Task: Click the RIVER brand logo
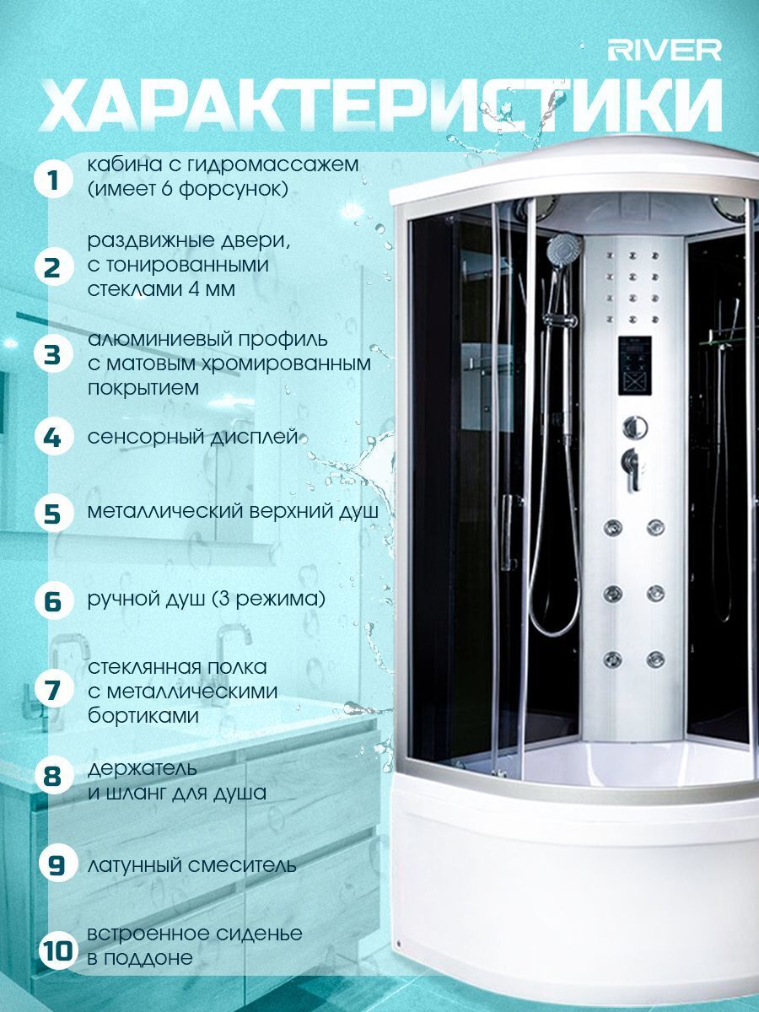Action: pyautogui.click(x=665, y=51)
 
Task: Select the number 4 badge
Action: pyautogui.click(x=54, y=437)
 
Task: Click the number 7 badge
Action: pyautogui.click(x=54, y=690)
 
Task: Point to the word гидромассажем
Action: pyautogui.click(x=272, y=165)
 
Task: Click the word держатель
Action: pyautogui.click(x=143, y=768)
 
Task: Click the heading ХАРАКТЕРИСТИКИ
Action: pyautogui.click(x=381, y=106)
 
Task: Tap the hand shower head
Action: pyautogui.click(x=564, y=250)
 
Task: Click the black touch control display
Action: pyautogui.click(x=634, y=366)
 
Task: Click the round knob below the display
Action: pyautogui.click(x=635, y=428)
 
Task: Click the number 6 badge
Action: pyautogui.click(x=54, y=600)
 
